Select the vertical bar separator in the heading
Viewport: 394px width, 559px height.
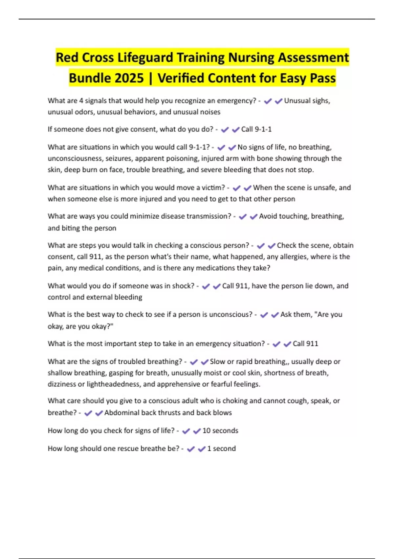tap(151, 78)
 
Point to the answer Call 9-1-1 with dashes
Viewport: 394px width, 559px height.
tap(256, 129)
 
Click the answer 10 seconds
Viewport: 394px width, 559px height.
tap(220, 431)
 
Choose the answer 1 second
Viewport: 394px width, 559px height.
tap(221, 449)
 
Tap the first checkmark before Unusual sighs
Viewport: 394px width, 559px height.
tap(268, 101)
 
